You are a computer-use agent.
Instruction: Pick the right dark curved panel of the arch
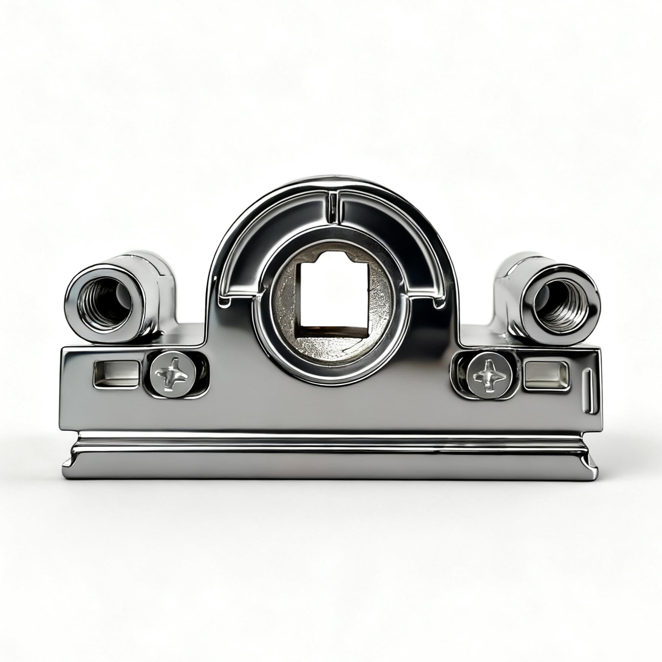point(394,240)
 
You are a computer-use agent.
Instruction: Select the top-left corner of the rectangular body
point(64,350)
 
